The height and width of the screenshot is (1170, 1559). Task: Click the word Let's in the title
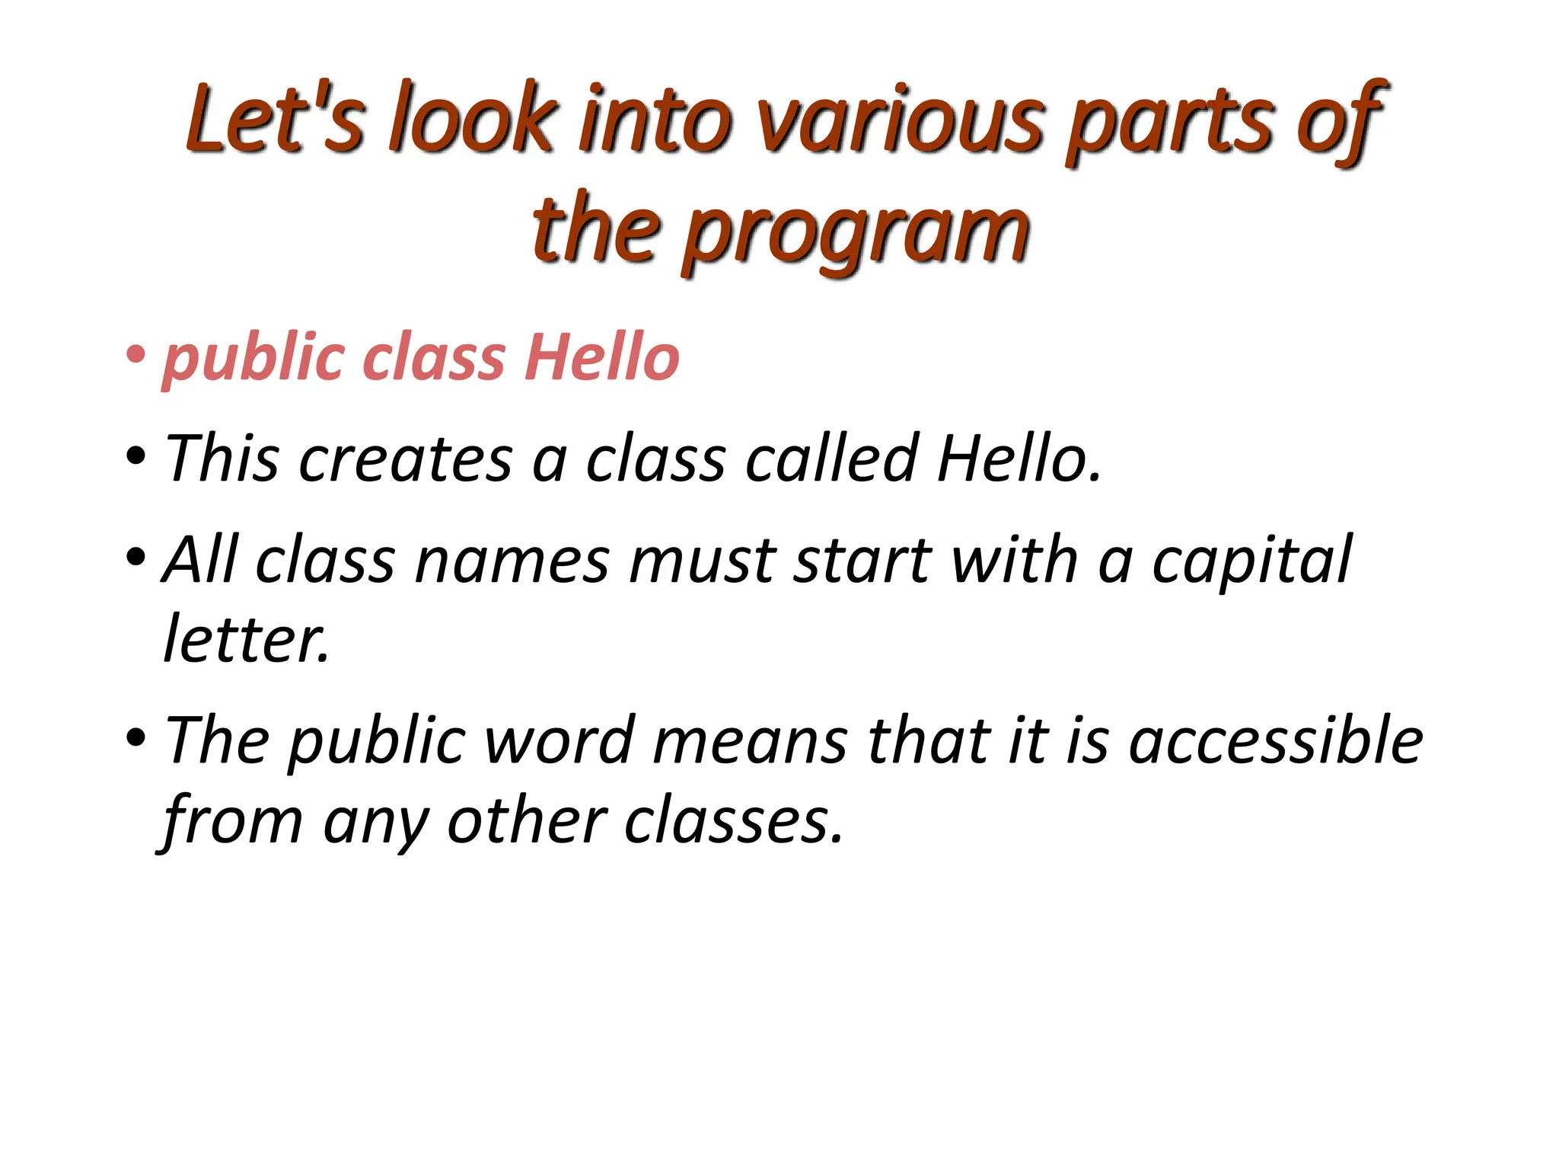click(275, 118)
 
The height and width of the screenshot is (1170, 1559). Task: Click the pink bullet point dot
click(136, 354)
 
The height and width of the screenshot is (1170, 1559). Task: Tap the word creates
click(406, 459)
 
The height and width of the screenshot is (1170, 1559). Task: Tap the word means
click(749, 742)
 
